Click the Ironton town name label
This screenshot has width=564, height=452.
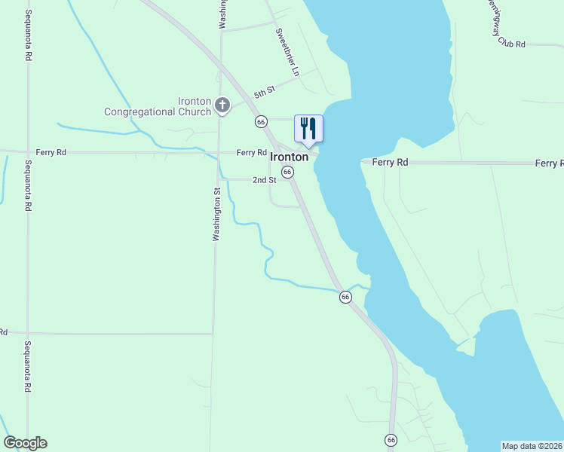(x=290, y=157)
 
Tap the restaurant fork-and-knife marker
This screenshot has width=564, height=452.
(x=308, y=128)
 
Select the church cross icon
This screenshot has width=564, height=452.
(x=222, y=105)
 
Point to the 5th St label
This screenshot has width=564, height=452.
(x=265, y=93)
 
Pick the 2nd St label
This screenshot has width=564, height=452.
(x=264, y=180)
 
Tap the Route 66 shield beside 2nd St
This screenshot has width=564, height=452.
(x=287, y=173)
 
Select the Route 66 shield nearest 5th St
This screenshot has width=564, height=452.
(x=261, y=121)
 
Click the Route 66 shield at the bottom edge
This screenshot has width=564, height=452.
(x=391, y=440)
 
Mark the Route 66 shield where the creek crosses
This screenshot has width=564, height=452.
(x=345, y=297)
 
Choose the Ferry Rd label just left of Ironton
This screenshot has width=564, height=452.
(x=251, y=152)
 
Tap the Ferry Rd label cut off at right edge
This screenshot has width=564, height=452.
(x=549, y=163)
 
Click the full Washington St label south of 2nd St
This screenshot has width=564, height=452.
(x=216, y=215)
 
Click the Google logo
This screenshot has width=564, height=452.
(x=25, y=443)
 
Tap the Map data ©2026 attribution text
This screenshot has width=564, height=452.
(x=532, y=446)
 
